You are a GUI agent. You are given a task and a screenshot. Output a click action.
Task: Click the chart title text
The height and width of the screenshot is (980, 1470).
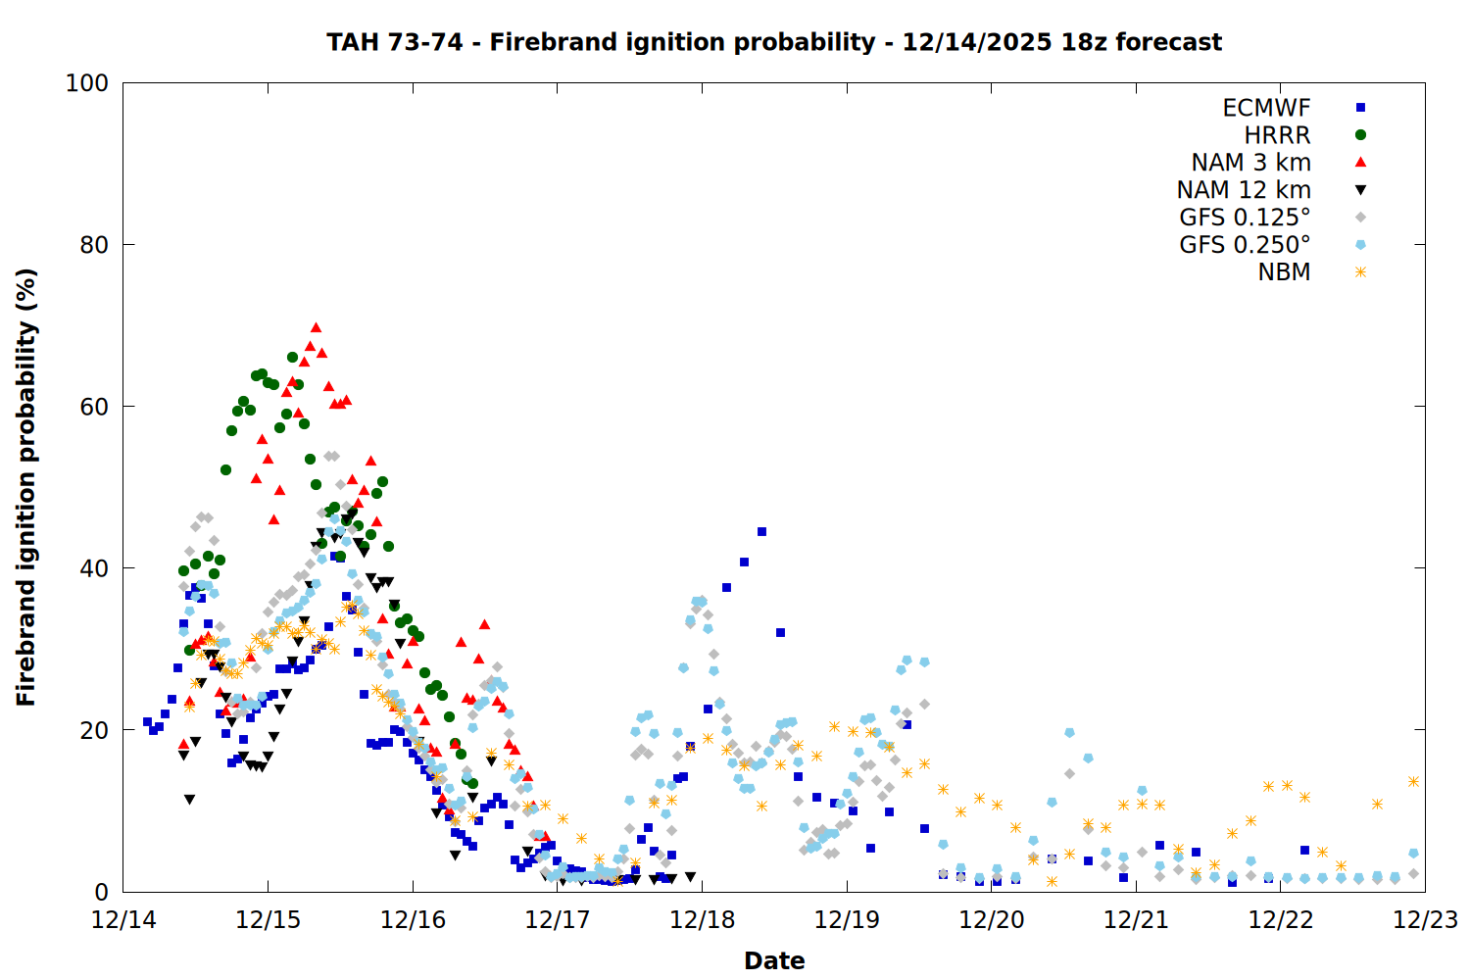pos(774,42)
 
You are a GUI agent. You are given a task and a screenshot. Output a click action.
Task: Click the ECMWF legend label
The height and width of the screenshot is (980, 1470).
pos(1266,108)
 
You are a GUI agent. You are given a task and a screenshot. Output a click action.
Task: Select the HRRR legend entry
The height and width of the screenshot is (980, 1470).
pos(1277,135)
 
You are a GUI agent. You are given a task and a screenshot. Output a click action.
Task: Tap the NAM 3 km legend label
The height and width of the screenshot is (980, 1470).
pos(1250,163)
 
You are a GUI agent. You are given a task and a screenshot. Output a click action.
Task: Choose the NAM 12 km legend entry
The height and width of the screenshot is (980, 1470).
pos(1244,190)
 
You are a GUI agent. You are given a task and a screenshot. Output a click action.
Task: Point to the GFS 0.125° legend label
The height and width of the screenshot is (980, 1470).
pos(1245,218)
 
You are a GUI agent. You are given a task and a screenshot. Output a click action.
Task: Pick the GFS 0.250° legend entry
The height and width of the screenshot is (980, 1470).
pos(1245,245)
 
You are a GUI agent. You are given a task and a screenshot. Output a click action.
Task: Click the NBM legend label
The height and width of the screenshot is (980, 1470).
pos(1284,272)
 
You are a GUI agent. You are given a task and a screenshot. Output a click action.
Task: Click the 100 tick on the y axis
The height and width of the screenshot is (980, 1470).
pos(87,83)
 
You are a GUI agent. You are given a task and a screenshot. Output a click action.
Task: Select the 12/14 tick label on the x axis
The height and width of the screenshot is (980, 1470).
pos(123,920)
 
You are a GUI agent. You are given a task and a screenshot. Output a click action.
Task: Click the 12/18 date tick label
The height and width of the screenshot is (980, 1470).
pos(702,920)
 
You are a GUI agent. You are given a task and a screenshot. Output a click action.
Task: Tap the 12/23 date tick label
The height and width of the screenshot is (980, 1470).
pos(1425,920)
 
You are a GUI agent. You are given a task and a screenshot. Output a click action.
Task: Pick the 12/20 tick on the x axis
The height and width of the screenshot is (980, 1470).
pos(991,920)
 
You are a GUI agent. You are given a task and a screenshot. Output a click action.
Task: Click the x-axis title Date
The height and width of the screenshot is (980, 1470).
pos(774,960)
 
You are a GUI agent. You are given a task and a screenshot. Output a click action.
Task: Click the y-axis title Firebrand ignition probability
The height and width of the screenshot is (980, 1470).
pos(26,487)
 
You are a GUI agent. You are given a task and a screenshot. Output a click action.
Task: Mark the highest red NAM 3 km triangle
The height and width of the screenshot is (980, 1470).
pos(316,327)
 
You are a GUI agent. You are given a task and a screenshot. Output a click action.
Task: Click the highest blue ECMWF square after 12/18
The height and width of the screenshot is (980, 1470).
pos(761,532)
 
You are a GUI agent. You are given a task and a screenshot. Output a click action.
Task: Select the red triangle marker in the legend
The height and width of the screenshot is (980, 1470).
pos(1360,163)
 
